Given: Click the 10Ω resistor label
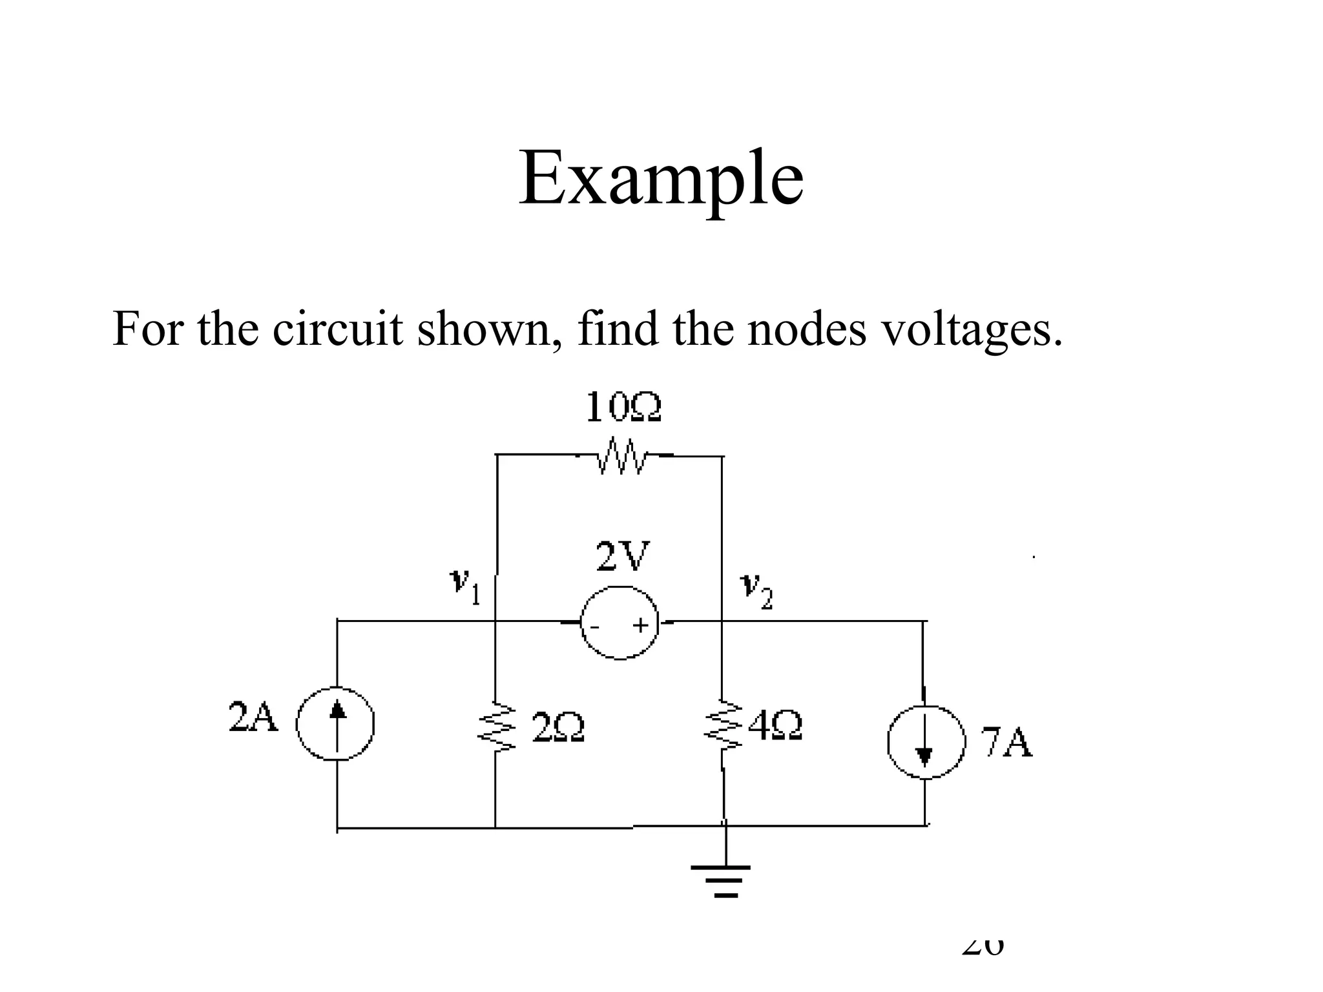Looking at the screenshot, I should [623, 408].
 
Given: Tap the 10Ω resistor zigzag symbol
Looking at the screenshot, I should [621, 456].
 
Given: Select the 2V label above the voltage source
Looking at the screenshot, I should [622, 557].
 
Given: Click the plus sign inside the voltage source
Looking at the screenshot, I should [640, 625].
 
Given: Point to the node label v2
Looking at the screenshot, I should [755, 589].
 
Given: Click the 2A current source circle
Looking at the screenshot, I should [336, 724].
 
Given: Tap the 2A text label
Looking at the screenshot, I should [253, 717].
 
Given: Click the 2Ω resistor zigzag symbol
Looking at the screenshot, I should [496, 726].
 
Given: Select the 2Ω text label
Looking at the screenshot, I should [557, 728].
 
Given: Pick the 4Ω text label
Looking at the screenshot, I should [775, 726].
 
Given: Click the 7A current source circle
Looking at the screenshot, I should [925, 741].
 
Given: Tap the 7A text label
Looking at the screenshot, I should [1006, 743].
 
